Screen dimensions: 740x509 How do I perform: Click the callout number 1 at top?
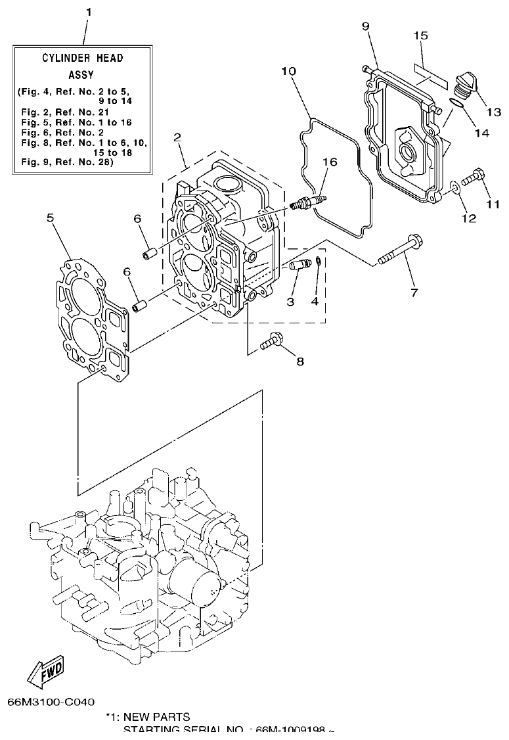tap(89, 12)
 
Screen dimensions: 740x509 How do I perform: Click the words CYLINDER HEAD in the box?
tap(83, 58)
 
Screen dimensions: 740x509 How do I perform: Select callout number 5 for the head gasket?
tap(51, 217)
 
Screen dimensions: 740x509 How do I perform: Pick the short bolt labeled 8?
tap(271, 341)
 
